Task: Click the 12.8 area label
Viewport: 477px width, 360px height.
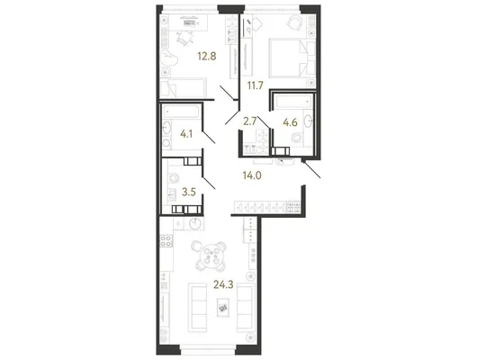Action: point(207,57)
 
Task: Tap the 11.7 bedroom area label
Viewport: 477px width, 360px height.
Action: point(255,85)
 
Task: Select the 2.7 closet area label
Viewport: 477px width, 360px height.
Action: point(250,121)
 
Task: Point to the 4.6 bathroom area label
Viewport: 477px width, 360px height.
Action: point(290,122)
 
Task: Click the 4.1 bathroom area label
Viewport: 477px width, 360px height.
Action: point(186,133)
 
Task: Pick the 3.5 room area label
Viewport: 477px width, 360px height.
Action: point(189,192)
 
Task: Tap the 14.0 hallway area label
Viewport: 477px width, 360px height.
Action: point(252,175)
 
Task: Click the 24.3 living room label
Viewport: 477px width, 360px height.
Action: point(223,284)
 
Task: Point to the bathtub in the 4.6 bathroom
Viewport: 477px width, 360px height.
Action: point(293,101)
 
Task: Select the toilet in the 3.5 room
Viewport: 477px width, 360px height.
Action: point(174,178)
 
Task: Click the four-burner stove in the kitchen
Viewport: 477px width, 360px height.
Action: point(166,240)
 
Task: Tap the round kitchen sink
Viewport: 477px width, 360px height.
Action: point(195,224)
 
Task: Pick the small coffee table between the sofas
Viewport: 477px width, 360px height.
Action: point(223,308)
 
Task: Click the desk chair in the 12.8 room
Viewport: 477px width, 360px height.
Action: point(184,39)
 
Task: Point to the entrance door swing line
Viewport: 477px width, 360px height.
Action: point(311,170)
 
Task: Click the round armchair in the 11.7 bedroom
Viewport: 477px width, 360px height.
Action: point(294,22)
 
